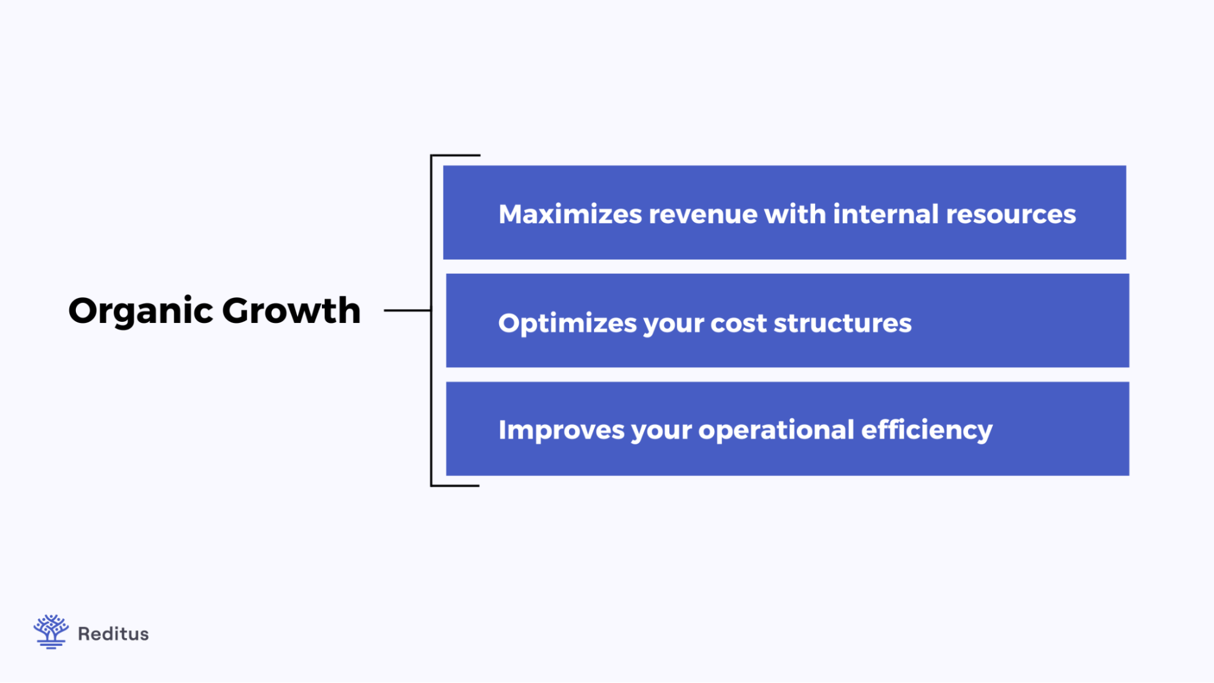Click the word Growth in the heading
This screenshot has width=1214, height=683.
(291, 311)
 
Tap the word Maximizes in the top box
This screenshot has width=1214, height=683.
(570, 214)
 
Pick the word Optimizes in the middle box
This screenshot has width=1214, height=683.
(567, 324)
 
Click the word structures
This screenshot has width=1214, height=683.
(842, 324)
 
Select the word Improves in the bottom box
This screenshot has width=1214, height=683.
(561, 430)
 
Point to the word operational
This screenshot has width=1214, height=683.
(776, 430)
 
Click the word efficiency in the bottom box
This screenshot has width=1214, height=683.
(927, 430)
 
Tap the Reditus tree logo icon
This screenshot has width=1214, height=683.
(50, 631)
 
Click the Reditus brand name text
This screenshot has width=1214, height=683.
(113, 634)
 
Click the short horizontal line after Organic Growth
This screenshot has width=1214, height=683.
(407, 310)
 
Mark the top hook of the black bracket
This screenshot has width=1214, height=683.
(455, 156)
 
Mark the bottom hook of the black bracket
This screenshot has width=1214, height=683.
(455, 485)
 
